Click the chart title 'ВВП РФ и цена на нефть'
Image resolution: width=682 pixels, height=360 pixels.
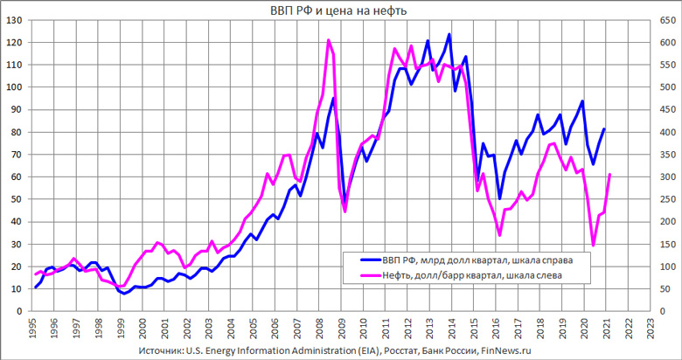pos(340,10)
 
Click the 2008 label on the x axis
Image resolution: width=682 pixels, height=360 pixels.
pos(320,331)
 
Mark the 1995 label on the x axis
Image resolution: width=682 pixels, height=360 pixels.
pos(31,331)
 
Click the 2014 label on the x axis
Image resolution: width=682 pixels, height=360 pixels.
pos(452,331)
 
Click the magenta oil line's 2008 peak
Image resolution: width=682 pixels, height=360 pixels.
pos(328,40)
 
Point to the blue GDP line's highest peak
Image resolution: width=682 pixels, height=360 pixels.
pos(449,35)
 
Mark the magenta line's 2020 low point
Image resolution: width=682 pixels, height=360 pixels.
pos(594,246)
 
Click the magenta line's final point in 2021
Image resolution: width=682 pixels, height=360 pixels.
pos(609,175)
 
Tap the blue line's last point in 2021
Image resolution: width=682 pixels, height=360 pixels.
pos(603,129)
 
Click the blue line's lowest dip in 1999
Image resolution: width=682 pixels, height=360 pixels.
pos(125,294)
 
